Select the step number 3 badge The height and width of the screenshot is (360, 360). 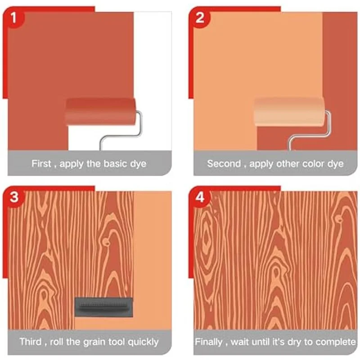[x=16, y=197]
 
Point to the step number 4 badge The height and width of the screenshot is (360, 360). [x=201, y=197]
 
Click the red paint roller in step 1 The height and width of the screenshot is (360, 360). [x=100, y=111]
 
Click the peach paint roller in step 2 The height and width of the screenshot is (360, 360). [x=288, y=111]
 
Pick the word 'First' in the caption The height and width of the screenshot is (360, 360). [x=41, y=164]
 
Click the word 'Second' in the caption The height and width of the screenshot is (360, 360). [x=224, y=164]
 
